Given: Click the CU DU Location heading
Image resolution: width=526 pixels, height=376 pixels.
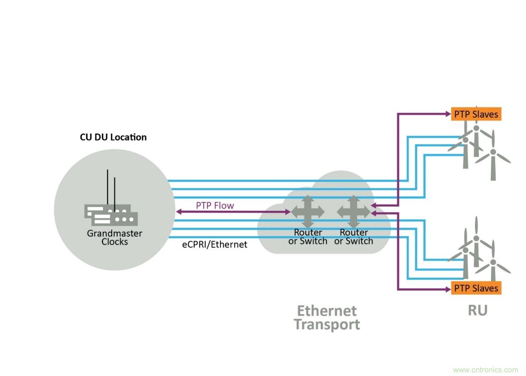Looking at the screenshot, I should point(113,137).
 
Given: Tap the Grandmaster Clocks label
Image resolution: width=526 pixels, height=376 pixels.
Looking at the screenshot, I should point(115,237).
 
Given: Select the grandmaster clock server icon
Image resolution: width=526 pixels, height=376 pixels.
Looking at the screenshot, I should point(111,215).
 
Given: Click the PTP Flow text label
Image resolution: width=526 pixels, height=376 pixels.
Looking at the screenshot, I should point(215,205).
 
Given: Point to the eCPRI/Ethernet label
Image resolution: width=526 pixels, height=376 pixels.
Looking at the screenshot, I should point(214,244).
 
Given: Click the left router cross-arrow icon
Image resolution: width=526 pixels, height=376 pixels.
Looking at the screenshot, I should point(308,212).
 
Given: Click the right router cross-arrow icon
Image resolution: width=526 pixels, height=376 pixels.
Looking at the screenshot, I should point(354,212).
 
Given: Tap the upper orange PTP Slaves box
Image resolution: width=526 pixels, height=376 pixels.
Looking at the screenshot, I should point(476,114).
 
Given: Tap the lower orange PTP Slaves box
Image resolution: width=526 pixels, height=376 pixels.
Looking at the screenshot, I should point(476,288).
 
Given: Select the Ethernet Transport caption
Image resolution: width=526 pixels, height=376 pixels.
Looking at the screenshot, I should point(327,317).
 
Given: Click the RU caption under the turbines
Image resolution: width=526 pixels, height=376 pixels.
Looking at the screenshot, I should point(477,310).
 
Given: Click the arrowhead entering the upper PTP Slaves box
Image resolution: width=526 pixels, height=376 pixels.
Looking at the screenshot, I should point(448,114).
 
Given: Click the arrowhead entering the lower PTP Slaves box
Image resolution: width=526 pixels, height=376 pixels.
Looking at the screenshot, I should point(448,289).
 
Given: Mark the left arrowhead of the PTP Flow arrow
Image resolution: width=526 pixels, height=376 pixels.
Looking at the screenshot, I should point(178,212).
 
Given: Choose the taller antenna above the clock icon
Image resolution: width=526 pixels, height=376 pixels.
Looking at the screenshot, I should point(107,186).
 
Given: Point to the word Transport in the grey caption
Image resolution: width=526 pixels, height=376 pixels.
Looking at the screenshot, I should point(327,324).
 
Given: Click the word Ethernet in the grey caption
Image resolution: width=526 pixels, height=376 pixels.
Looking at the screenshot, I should point(327,311).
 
